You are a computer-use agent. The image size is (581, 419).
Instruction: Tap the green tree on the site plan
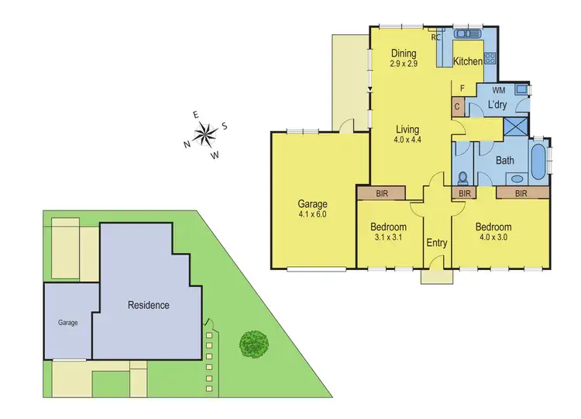[x=253, y=343]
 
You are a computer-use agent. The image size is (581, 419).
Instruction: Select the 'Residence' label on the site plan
[x=148, y=305]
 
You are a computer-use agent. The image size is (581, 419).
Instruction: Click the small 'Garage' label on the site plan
[x=67, y=322]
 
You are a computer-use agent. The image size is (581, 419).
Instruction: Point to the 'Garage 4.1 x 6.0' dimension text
[x=313, y=213]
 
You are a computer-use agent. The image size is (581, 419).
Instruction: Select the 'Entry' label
[x=437, y=243]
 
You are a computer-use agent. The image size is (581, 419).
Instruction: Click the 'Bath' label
[x=505, y=160]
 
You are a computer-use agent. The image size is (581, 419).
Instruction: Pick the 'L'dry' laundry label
[x=497, y=106]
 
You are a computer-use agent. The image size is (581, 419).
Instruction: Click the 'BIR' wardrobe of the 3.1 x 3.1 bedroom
[x=381, y=192]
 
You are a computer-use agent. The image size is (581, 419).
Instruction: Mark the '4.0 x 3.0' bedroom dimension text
[x=494, y=238]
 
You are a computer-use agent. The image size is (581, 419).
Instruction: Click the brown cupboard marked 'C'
[x=458, y=107]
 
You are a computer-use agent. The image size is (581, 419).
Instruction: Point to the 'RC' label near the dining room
[x=436, y=36]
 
